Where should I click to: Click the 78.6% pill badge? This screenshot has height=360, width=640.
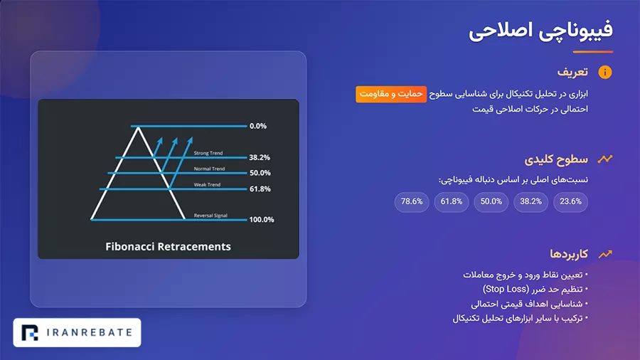[412, 201]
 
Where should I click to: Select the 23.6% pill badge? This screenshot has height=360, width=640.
[570, 201]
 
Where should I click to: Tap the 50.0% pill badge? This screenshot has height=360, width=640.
[491, 201]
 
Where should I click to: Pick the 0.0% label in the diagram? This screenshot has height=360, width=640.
[258, 126]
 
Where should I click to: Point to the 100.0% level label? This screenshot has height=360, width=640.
[262, 220]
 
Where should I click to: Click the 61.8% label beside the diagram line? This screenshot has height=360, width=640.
[260, 189]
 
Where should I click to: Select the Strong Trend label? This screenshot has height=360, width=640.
[208, 153]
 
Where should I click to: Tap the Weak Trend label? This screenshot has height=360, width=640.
[207, 184]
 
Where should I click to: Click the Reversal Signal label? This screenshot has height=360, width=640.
[210, 216]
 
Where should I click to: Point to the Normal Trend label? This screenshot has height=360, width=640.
[209, 169]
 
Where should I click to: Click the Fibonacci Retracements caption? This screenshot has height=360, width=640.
[168, 247]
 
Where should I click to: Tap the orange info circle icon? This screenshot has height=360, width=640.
[605, 73]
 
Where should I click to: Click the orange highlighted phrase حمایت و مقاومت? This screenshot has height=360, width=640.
[391, 95]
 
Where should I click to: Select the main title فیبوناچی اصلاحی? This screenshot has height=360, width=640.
[541, 31]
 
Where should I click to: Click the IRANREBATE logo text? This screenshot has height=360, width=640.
[90, 333]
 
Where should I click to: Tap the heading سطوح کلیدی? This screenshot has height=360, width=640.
[556, 159]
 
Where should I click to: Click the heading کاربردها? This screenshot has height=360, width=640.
[569, 254]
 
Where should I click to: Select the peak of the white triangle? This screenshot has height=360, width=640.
[139, 128]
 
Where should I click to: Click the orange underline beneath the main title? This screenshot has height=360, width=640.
[593, 52]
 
